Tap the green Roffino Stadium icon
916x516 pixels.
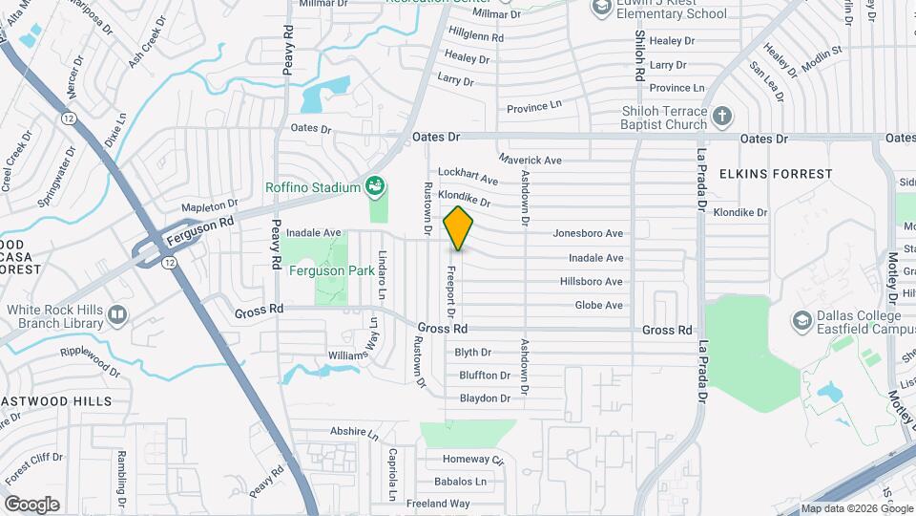376,185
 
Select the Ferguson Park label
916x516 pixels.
332,270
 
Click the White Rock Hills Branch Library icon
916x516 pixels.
116,312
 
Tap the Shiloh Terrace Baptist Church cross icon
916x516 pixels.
722,117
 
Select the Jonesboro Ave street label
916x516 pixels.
588,233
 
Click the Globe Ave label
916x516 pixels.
598,306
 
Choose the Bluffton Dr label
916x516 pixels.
485,376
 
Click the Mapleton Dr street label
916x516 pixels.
209,205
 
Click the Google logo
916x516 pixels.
31,505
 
